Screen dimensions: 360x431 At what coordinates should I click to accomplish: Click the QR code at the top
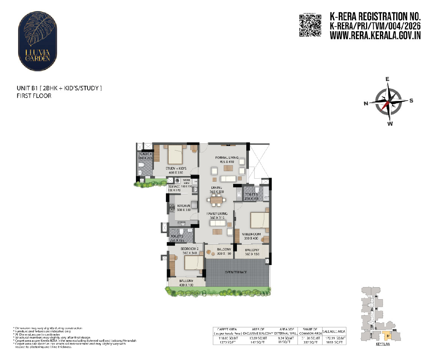[310, 26]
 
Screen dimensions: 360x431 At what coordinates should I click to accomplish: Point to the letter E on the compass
[387, 79]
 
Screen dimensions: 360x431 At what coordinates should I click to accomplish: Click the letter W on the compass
[390, 124]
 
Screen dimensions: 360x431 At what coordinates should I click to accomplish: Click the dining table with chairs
[216, 201]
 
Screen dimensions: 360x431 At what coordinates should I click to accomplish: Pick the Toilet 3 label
[145, 154]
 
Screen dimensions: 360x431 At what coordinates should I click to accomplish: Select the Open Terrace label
[236, 272]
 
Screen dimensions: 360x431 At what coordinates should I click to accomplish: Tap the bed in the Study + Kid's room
[175, 154]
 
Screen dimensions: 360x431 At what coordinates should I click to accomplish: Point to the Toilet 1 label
[251, 194]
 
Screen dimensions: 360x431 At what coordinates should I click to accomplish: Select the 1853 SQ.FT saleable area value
[335, 342]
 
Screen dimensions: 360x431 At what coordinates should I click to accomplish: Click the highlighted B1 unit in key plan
[386, 336]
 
